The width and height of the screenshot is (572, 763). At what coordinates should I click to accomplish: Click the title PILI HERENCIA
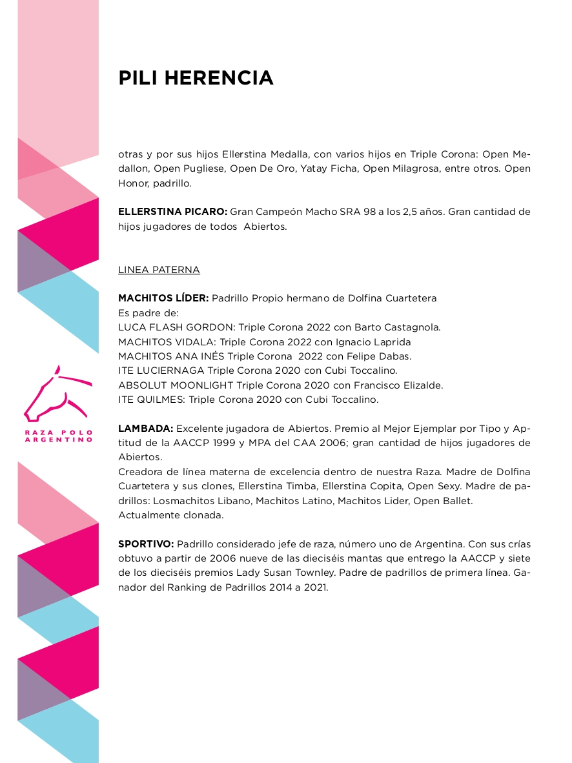tap(196, 78)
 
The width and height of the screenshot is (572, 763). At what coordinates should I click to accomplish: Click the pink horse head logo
tap(56, 395)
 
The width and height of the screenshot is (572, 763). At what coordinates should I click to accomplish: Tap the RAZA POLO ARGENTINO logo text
tap(58, 436)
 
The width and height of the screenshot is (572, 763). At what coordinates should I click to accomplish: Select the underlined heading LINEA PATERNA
tap(159, 270)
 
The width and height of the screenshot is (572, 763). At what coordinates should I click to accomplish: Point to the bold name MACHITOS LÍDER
tap(163, 298)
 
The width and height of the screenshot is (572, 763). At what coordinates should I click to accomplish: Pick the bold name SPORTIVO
tap(146, 544)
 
